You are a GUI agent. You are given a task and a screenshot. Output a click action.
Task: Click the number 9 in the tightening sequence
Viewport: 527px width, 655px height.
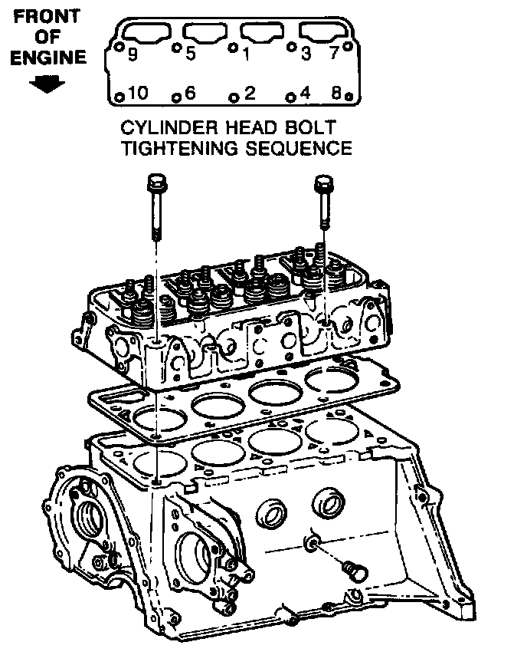[x=133, y=55]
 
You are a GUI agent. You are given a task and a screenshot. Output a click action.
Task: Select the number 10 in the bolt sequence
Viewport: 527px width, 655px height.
[x=137, y=94]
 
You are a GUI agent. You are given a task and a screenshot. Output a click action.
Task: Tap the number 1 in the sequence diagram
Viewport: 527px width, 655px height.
[x=246, y=55]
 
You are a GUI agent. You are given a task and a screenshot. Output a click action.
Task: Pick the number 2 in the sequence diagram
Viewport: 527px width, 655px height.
[x=249, y=94]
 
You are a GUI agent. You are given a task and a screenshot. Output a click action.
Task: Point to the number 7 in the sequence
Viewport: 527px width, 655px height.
[x=334, y=55]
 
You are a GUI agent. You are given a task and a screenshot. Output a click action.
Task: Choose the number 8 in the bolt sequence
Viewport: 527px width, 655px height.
[x=336, y=94]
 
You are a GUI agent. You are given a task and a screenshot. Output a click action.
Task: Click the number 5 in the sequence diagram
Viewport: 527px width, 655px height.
[x=191, y=55]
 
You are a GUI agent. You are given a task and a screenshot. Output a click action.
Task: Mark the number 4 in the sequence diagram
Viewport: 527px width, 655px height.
[x=306, y=94]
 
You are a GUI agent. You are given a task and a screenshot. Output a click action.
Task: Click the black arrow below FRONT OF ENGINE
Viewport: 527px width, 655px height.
[x=47, y=84]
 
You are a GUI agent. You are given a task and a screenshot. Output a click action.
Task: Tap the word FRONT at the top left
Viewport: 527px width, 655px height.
[x=47, y=17]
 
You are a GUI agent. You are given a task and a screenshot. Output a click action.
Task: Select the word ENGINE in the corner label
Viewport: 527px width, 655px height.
[x=47, y=58]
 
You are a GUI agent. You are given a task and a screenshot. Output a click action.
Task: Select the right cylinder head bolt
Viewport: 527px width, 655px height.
[x=324, y=201]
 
